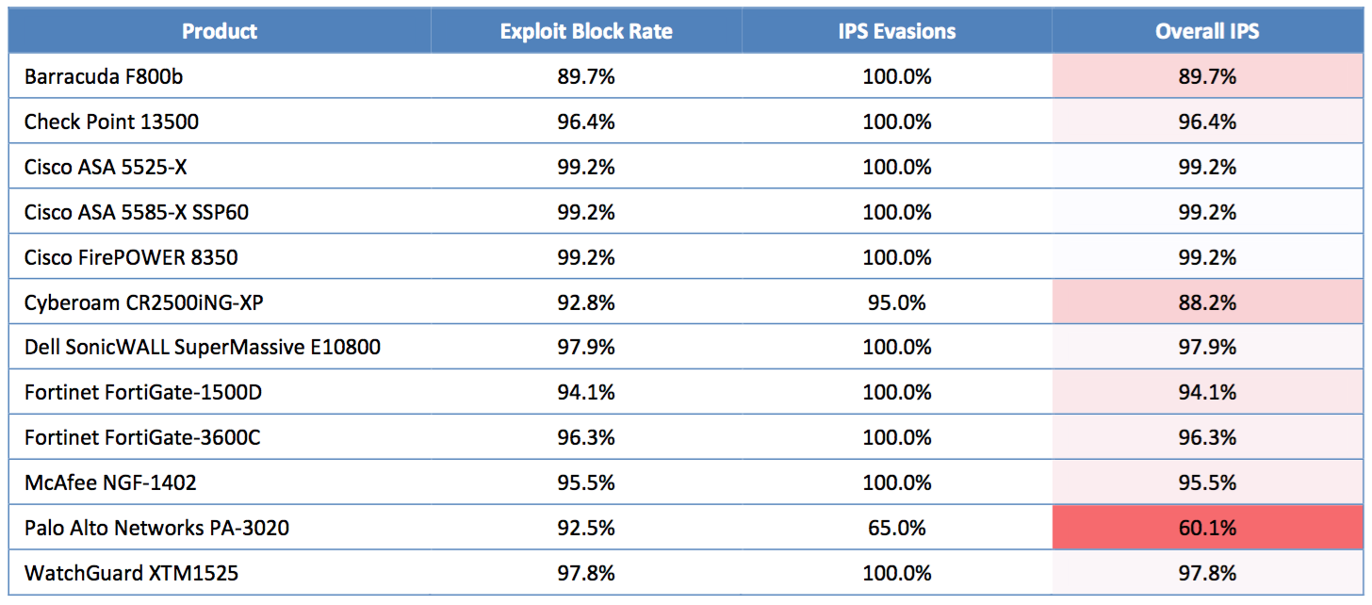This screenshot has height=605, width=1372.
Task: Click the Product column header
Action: tap(220, 31)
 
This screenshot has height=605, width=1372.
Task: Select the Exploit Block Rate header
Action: tap(586, 31)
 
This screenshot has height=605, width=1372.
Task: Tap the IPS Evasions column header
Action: tap(897, 31)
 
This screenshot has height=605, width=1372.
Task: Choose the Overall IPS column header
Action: tap(1207, 31)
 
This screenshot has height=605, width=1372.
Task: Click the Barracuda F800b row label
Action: tap(104, 76)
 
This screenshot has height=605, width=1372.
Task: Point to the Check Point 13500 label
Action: tap(111, 122)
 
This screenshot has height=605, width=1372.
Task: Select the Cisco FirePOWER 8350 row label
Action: tap(131, 257)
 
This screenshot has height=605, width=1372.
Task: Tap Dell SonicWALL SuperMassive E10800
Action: tap(203, 347)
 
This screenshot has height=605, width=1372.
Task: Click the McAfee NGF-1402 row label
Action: tap(110, 482)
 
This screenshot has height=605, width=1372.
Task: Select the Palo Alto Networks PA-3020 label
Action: tap(156, 528)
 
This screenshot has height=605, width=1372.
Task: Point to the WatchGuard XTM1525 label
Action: tap(131, 573)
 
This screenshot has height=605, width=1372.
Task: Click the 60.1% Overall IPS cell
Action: tap(1207, 528)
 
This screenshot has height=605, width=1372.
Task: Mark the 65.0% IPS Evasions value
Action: tap(897, 528)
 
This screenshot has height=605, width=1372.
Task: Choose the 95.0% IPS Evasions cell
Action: tap(897, 302)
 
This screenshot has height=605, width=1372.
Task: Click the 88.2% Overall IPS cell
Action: tap(1207, 302)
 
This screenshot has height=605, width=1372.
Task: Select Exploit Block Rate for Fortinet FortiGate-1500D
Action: tap(586, 392)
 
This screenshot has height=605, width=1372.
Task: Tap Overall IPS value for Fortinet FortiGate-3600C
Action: tap(1207, 437)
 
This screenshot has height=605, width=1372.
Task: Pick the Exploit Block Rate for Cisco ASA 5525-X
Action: tap(586, 167)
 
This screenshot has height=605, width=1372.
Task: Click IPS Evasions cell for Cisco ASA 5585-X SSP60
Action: tap(897, 212)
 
